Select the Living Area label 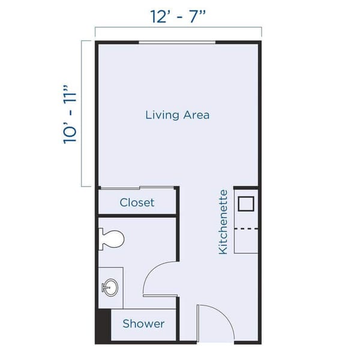pyautogui.click(x=178, y=115)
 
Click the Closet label pyautogui.click(x=137, y=202)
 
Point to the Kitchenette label pyautogui.click(x=223, y=221)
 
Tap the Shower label pyautogui.click(x=143, y=324)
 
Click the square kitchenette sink pyautogui.click(x=247, y=203)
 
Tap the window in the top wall pyautogui.click(x=178, y=41)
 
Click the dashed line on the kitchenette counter pyautogui.click(x=246, y=229)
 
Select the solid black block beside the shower pyautogui.click(x=103, y=326)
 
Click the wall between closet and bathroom pyautogui.click(x=137, y=215)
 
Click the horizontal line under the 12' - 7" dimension pyautogui.click(x=178, y=28)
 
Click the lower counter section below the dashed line pyautogui.click(x=246, y=241)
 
